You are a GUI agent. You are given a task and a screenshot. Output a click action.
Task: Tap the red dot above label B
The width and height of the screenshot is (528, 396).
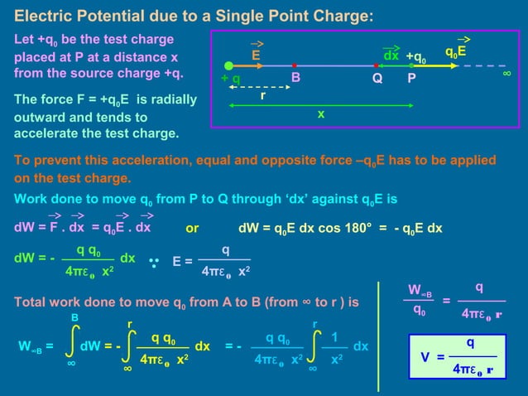tap(295, 65)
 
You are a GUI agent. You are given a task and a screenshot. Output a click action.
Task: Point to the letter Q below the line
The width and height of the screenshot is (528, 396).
tap(377, 80)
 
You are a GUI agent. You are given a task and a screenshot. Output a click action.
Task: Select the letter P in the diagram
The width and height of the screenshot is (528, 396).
tap(412, 80)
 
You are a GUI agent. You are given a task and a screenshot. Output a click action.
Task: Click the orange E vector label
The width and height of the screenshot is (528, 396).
tap(257, 55)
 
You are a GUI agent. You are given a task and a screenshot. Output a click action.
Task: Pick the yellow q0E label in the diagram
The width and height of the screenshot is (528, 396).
tap(456, 51)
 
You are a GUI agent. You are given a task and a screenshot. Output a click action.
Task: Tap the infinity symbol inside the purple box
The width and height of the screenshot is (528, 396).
tap(506, 74)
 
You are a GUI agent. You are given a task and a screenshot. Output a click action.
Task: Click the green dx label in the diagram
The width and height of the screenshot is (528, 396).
tap(391, 56)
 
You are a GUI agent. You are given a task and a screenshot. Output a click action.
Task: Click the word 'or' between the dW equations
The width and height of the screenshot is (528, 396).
tap(192, 228)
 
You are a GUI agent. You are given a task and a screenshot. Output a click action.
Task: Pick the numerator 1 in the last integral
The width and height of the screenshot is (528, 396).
tap(334, 338)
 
